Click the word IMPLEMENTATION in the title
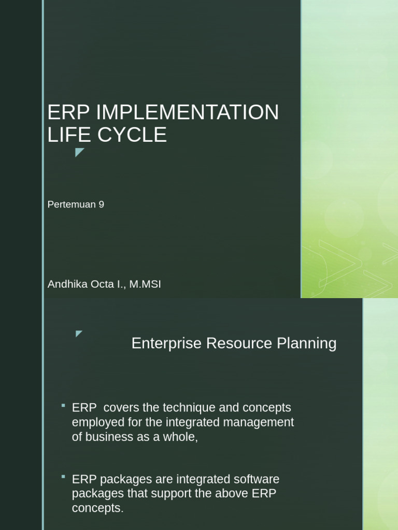tap(187, 112)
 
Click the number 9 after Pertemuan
tap(102, 204)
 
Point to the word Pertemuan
tap(72, 204)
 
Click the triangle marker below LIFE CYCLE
tap(79, 152)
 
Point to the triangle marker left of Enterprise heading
tap(79, 333)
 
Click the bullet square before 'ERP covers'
tap(63, 405)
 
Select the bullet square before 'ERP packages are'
tap(63, 476)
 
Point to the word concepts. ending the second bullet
tap(98, 508)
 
